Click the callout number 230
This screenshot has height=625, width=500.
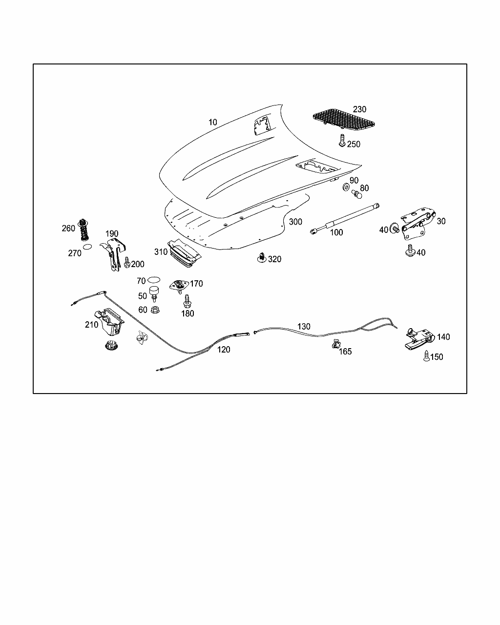(x=359, y=109)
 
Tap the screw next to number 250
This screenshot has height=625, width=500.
(x=342, y=141)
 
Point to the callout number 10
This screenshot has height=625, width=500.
(x=213, y=122)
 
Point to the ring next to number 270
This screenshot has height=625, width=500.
(x=87, y=247)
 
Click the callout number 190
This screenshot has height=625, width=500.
(x=112, y=234)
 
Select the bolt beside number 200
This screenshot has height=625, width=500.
(x=127, y=262)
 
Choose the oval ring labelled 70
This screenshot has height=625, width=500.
(x=153, y=280)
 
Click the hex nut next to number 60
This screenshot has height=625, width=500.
(x=156, y=309)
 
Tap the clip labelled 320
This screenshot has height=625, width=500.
(x=262, y=257)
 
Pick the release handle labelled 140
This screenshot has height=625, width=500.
(x=419, y=338)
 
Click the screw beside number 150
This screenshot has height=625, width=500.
(x=426, y=356)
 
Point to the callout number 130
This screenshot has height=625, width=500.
(x=304, y=326)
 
